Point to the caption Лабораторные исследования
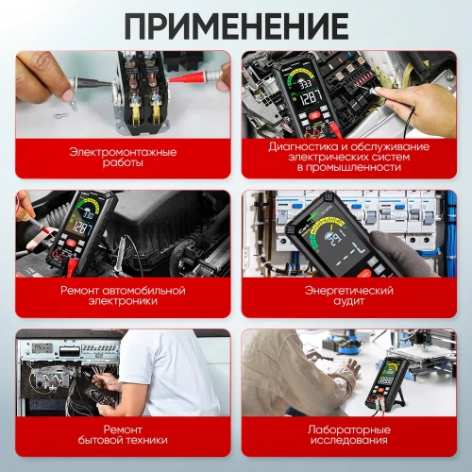(349, 434)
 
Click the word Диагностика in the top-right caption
(299, 146)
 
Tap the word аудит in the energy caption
(349, 301)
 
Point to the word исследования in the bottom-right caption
(349, 440)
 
